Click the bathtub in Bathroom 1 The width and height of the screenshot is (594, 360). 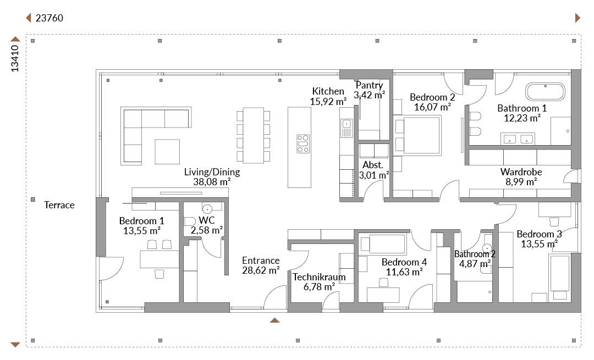(x=544, y=92)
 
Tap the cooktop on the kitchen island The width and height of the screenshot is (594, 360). (x=303, y=144)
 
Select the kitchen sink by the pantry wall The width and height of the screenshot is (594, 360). (x=346, y=128)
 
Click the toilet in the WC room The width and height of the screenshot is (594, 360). (x=189, y=221)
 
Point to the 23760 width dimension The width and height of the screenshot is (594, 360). (x=50, y=18)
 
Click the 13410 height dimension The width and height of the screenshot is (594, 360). (x=15, y=58)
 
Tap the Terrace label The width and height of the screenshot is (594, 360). (x=59, y=205)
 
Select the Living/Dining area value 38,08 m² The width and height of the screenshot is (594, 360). (x=212, y=182)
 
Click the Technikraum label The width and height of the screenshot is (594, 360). (x=319, y=276)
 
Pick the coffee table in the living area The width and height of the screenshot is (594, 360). (x=167, y=151)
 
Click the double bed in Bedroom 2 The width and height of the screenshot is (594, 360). (x=418, y=136)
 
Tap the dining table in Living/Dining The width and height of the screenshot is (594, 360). (x=253, y=136)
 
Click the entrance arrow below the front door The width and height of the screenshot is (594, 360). (x=274, y=320)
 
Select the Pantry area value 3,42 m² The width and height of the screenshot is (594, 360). (x=370, y=95)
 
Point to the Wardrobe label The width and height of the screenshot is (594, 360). (x=521, y=172)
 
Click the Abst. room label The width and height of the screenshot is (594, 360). (x=373, y=165)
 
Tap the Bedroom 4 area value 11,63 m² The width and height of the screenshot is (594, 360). (x=404, y=272)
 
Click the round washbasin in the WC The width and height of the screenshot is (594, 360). (x=207, y=209)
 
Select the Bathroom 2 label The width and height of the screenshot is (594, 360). (x=475, y=254)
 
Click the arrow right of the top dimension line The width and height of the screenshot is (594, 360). (x=577, y=18)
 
